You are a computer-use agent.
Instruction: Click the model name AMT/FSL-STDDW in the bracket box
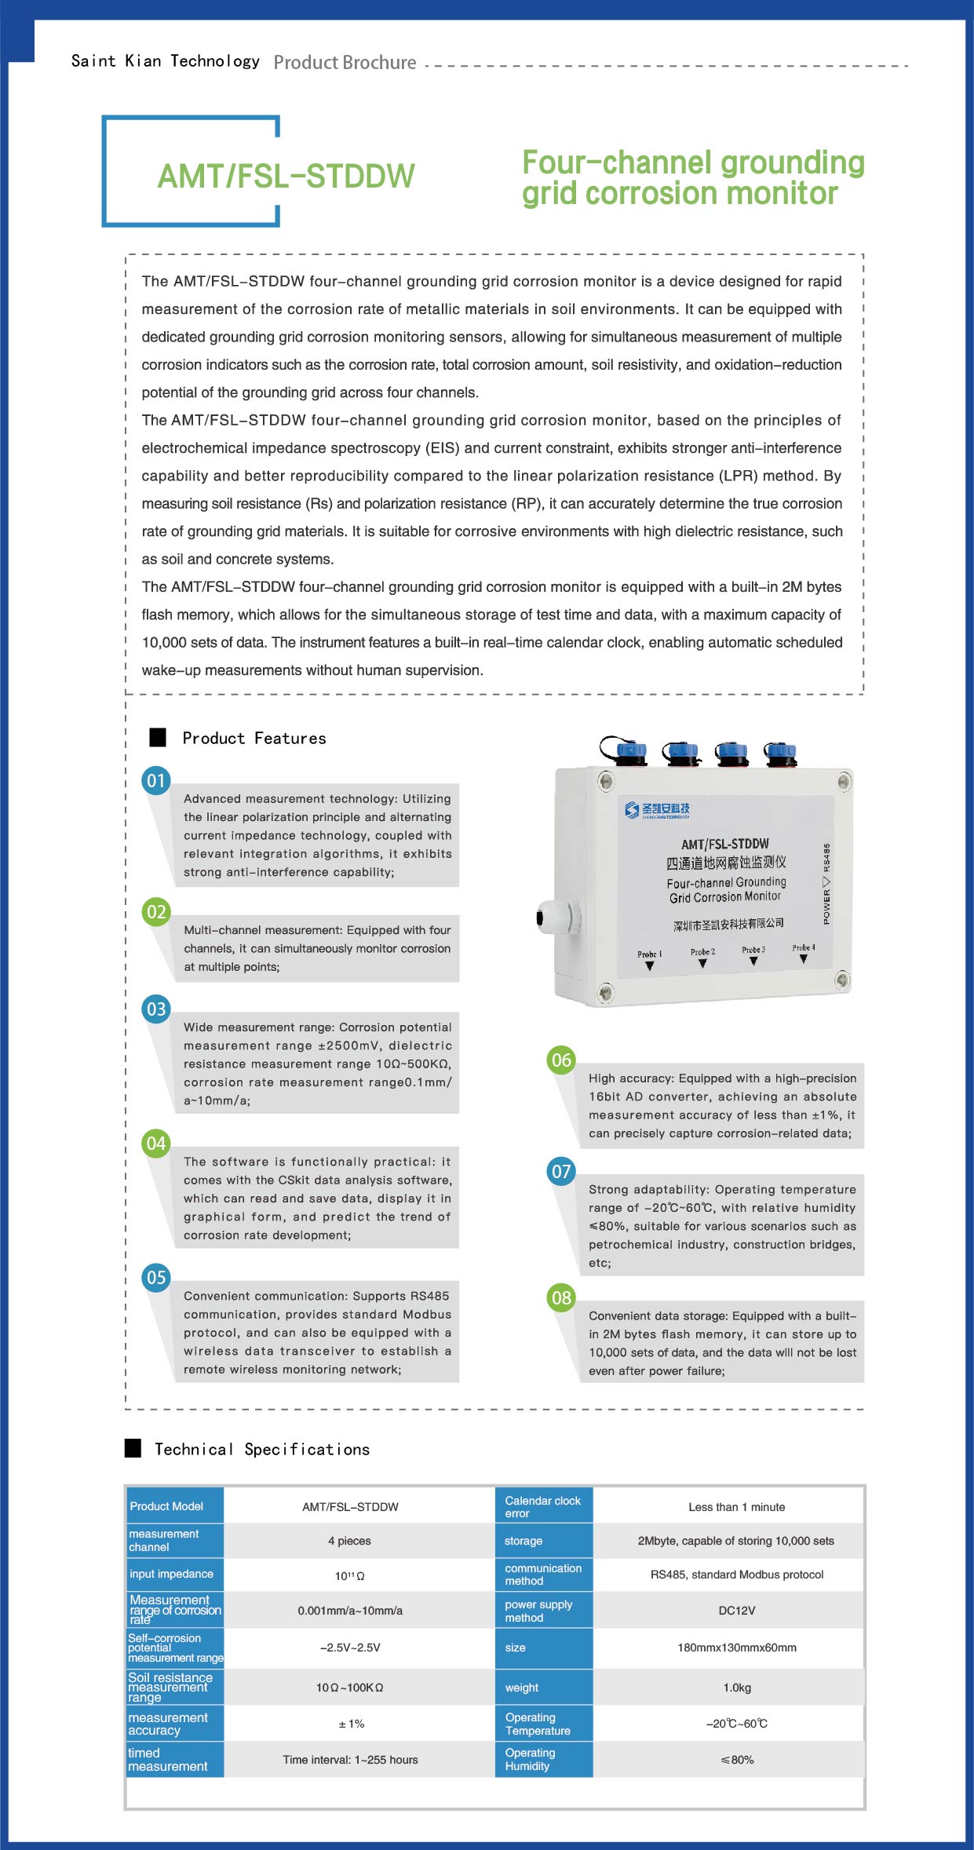pos(286,177)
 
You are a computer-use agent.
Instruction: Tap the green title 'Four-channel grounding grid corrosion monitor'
pos(692,178)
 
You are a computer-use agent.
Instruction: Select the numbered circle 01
pos(156,781)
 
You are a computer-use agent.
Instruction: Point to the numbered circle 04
pos(156,1143)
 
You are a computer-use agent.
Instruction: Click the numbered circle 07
pos(561,1172)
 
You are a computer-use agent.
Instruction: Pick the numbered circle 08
pos(561,1297)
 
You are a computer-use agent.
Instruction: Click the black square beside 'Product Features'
pos(158,738)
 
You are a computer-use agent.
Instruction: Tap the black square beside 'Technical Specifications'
pos(133,1448)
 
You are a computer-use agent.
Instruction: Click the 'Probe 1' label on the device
pos(649,954)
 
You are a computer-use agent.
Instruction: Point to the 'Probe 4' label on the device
pos(803,948)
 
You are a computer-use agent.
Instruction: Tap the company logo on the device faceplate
pos(657,809)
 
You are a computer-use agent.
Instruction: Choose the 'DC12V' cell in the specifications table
pos(736,1611)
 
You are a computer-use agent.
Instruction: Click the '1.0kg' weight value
pos(736,1687)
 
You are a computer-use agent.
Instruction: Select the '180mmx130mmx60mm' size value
pos(736,1647)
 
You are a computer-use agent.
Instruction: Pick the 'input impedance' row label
pos(171,1574)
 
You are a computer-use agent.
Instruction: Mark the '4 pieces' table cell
pos(349,1541)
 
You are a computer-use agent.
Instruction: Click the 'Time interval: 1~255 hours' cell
pos(350,1759)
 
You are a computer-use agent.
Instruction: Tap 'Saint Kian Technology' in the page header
pos(165,61)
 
